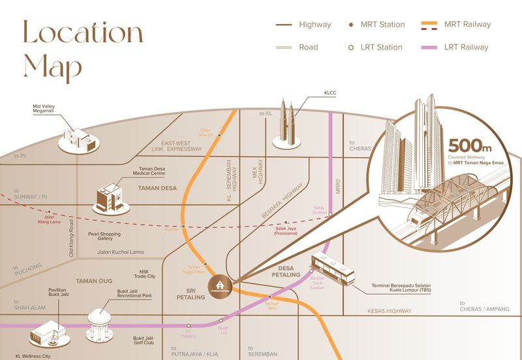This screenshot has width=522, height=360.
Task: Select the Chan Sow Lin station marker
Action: [x=219, y=135]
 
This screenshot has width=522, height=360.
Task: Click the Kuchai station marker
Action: [x=183, y=226]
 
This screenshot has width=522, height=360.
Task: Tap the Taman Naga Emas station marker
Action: [x=206, y=263]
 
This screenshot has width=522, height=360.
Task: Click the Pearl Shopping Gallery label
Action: [x=104, y=237]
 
